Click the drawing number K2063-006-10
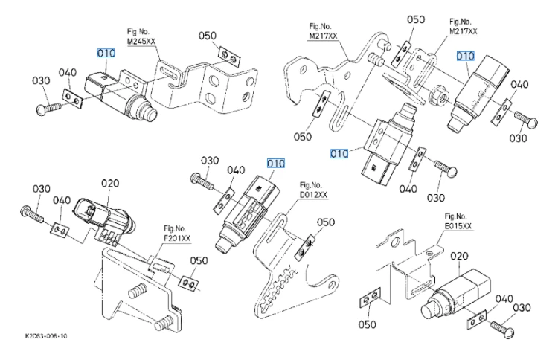coord(46,336)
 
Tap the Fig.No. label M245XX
coord(141,42)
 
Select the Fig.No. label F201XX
coord(177,238)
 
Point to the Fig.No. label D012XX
coord(313,195)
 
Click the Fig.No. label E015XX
coord(458,226)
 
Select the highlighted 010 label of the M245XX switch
coord(106,53)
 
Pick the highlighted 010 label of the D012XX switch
coord(276,164)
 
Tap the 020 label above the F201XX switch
coord(110,184)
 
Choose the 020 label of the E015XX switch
coord(459,256)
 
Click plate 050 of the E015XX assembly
coord(370,297)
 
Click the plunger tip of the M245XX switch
coord(150,112)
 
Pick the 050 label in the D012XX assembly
coord(326,222)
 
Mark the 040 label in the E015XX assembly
coord(504,299)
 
